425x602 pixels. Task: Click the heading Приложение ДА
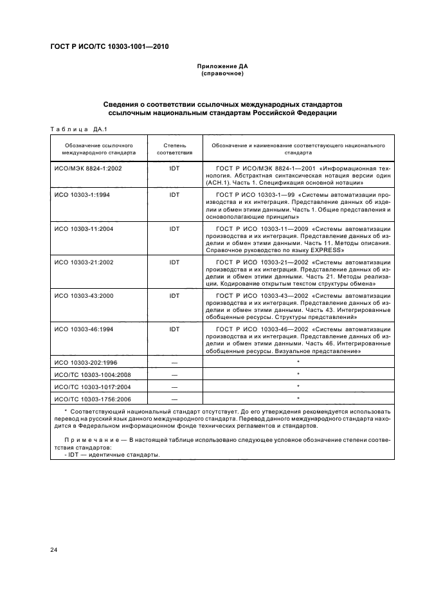click(x=222, y=67)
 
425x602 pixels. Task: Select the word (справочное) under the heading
click(x=222, y=74)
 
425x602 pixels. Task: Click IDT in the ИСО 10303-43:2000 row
click(x=174, y=296)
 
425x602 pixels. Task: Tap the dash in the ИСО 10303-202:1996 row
click(x=174, y=363)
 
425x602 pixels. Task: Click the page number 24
click(x=54, y=551)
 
